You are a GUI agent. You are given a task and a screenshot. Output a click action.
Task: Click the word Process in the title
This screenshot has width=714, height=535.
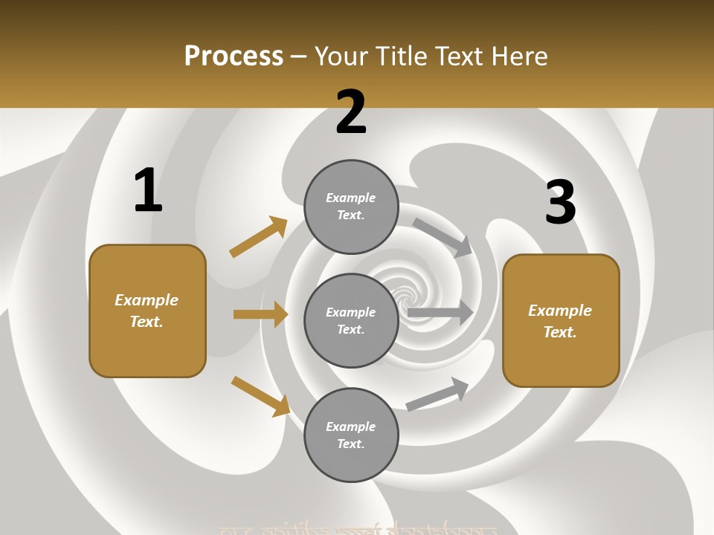(x=234, y=56)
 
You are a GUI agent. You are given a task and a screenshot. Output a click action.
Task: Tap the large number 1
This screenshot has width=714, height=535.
(x=148, y=190)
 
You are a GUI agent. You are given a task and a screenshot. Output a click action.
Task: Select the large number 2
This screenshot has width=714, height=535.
(x=351, y=112)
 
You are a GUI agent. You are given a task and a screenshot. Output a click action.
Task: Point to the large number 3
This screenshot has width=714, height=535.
(x=560, y=203)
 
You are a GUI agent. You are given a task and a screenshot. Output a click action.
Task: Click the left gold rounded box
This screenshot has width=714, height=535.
(x=147, y=311)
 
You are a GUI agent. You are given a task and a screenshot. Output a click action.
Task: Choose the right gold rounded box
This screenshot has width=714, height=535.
(x=561, y=321)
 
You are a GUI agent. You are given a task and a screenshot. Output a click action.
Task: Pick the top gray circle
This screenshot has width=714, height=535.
(x=351, y=207)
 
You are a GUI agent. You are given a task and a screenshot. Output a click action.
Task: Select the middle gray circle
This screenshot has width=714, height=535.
(x=351, y=321)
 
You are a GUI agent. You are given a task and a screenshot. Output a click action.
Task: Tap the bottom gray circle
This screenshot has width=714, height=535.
(x=351, y=435)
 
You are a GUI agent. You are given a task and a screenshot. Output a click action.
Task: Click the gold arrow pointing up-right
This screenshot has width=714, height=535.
(x=259, y=237)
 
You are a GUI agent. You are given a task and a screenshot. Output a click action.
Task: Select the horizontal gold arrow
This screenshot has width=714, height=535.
(x=260, y=314)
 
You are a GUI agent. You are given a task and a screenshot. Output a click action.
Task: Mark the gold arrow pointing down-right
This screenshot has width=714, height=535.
(x=260, y=396)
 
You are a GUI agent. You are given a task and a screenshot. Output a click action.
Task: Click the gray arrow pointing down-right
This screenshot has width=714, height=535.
(x=443, y=237)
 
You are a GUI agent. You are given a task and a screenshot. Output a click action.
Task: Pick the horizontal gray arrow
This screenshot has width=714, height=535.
(x=440, y=313)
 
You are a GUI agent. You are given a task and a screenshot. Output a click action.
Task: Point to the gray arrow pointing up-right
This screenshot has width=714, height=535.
(x=438, y=395)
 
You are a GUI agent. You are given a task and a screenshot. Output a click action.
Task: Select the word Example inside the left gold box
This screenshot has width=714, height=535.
(x=147, y=300)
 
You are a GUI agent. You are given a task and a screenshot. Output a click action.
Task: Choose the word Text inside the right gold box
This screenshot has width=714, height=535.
(x=559, y=332)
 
